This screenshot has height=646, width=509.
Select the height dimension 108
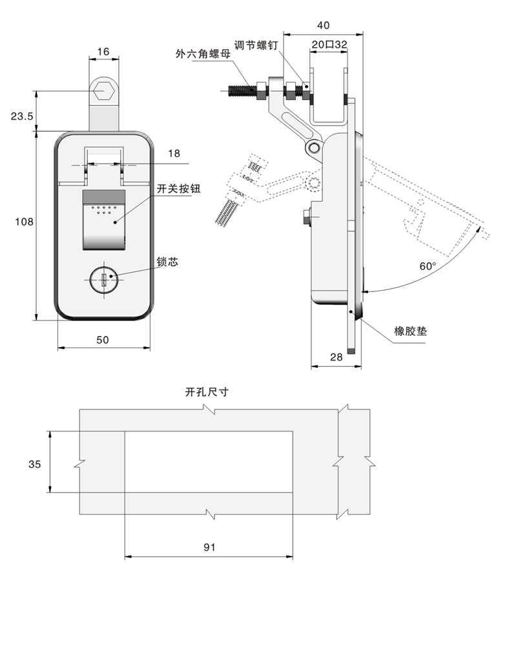pyautogui.click(x=24, y=222)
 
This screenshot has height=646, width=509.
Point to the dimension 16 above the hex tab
pyautogui.click(x=103, y=51)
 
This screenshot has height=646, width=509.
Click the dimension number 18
pyautogui.click(x=174, y=153)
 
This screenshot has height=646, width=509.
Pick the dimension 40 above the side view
pyautogui.click(x=324, y=25)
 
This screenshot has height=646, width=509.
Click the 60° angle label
pyautogui.click(x=428, y=266)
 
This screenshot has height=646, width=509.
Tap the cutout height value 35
pyautogui.click(x=35, y=464)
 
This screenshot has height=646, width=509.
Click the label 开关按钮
pyautogui.click(x=179, y=189)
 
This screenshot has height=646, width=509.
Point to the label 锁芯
pyautogui.click(x=167, y=262)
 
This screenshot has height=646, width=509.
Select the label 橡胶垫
pyautogui.click(x=411, y=331)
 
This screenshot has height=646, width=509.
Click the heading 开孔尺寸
pyautogui.click(x=207, y=391)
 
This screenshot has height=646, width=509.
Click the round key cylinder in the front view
pyautogui.click(x=104, y=280)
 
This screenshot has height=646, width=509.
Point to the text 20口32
pyautogui.click(x=329, y=45)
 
